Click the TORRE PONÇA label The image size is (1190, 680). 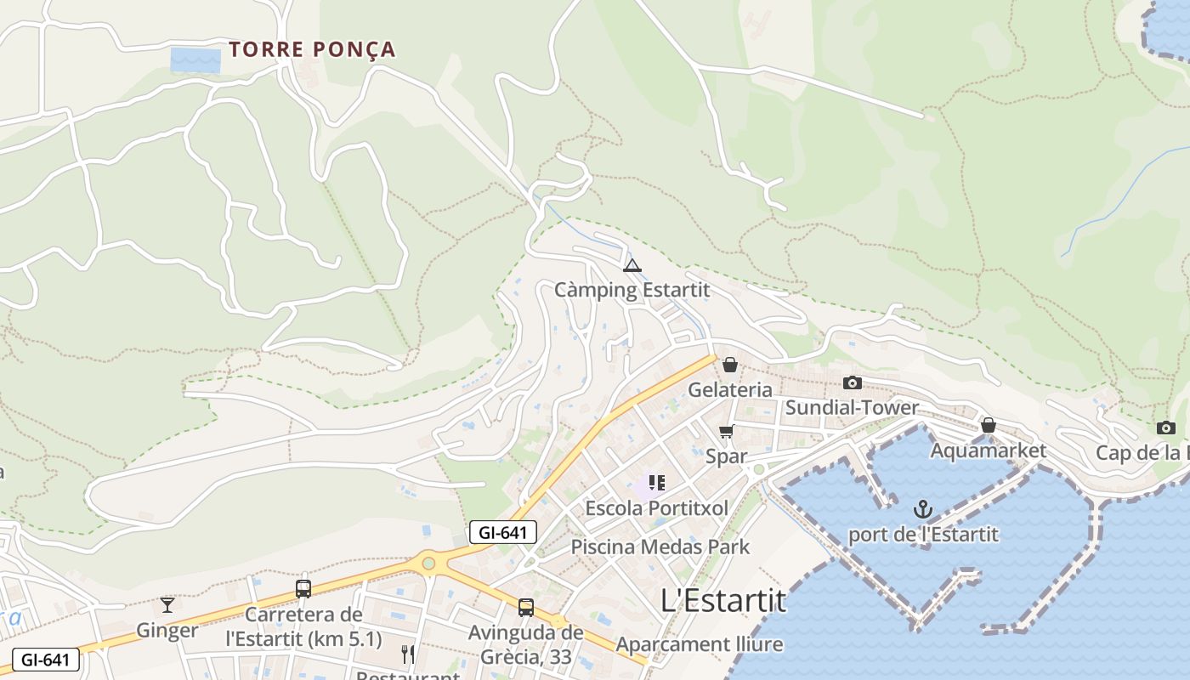312,49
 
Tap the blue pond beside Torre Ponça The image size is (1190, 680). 195,59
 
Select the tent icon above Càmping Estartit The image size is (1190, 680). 632,266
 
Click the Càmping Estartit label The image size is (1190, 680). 632,290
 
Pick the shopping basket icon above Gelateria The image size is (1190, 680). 729,365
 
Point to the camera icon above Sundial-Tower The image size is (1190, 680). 852,383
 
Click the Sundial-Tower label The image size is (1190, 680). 852,407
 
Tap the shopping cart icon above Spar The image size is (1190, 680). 726,432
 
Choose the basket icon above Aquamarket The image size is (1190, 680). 989,425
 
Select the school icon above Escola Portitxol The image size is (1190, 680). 656,484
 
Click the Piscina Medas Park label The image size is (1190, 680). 660,546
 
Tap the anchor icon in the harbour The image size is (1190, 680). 923,510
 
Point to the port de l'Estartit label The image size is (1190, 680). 923,535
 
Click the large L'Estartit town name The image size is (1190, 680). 723,600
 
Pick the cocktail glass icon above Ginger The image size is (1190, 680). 167,605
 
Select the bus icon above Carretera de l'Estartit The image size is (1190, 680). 303,589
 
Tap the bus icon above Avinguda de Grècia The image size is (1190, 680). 526,608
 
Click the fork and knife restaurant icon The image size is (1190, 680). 408,654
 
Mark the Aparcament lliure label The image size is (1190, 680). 699,644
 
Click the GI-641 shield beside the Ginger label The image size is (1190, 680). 46,660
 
